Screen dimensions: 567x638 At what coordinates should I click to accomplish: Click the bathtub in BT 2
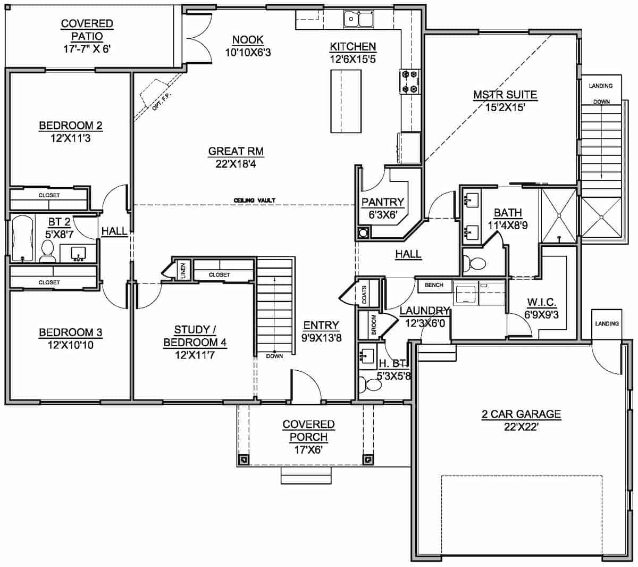coord(22,239)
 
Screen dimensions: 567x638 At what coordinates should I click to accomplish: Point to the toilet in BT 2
coord(47,251)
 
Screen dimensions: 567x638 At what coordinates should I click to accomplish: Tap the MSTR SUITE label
coord(505,95)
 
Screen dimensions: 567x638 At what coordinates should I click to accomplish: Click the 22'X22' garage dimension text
coord(521,427)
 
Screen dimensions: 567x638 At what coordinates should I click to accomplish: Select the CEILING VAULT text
coord(254,201)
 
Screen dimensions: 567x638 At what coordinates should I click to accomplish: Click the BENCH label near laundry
coord(434,285)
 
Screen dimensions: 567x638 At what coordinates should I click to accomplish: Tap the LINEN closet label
coord(183,271)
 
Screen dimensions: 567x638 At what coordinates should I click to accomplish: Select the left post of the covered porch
coord(243,458)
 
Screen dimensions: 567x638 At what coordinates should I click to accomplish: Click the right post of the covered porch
coord(367,458)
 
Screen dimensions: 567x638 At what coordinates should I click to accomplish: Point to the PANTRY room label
coord(383,202)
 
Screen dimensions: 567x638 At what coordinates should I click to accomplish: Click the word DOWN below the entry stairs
coord(274,356)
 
